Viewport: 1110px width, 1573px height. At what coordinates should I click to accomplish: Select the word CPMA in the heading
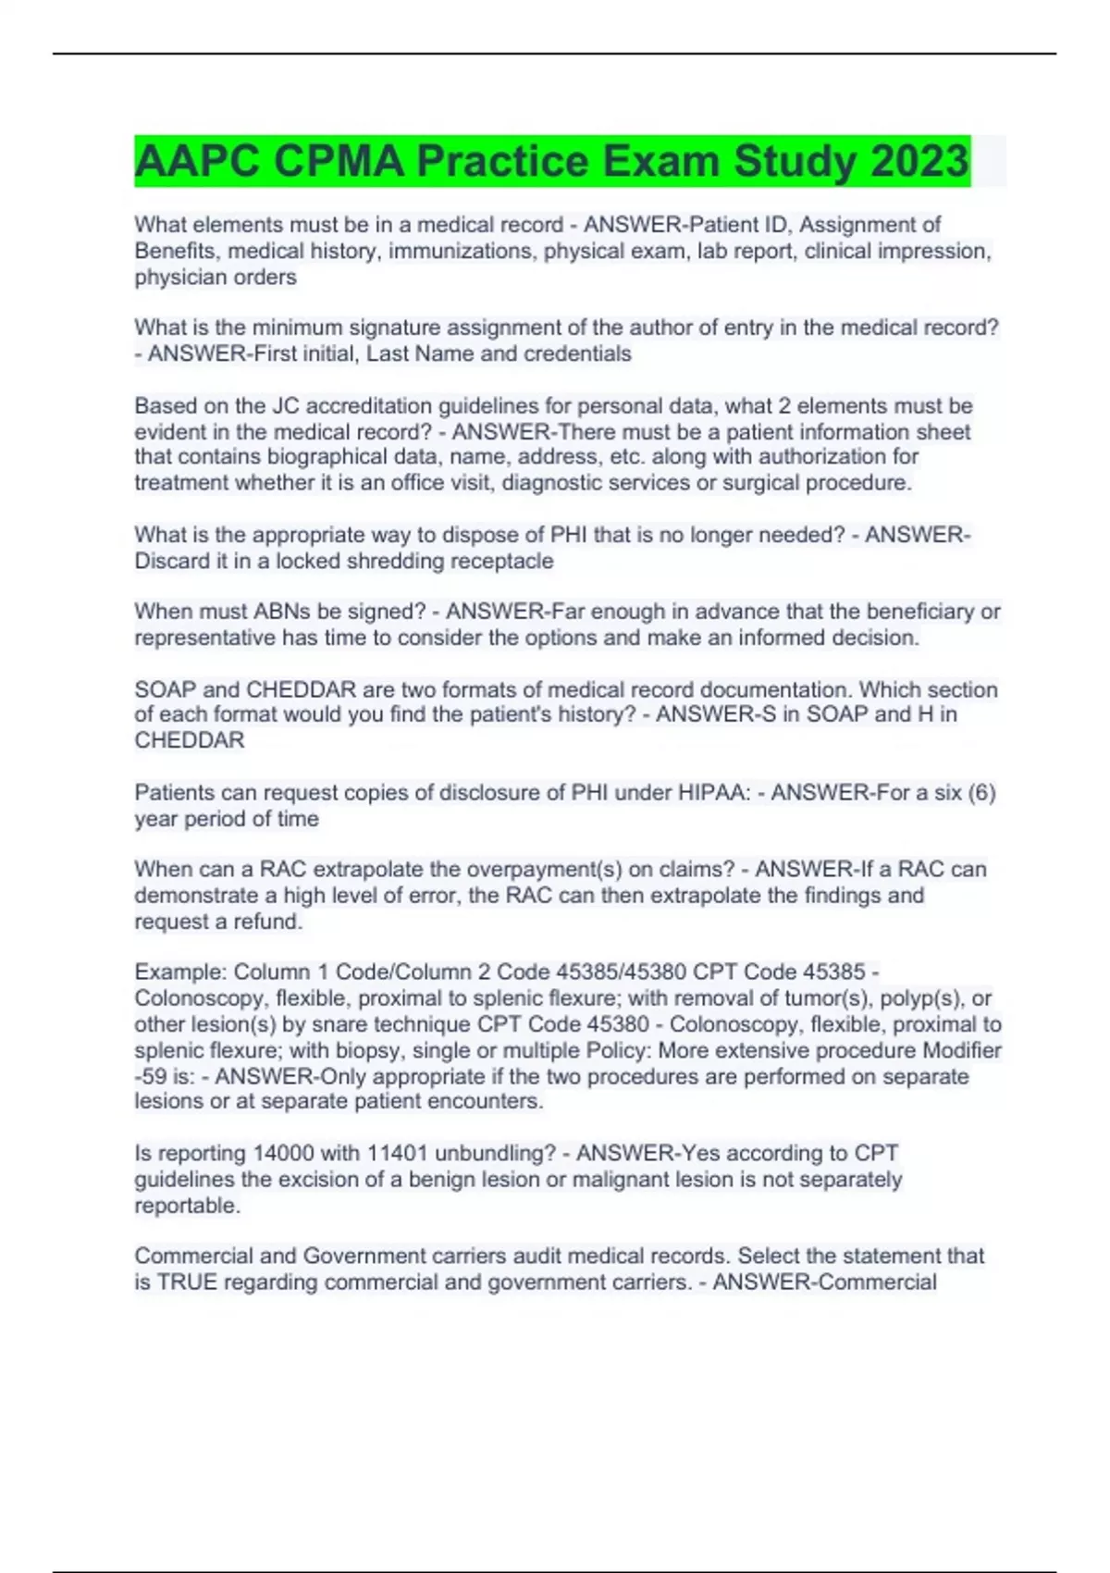coord(338,161)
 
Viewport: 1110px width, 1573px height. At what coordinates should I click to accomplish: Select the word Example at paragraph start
coord(179,972)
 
